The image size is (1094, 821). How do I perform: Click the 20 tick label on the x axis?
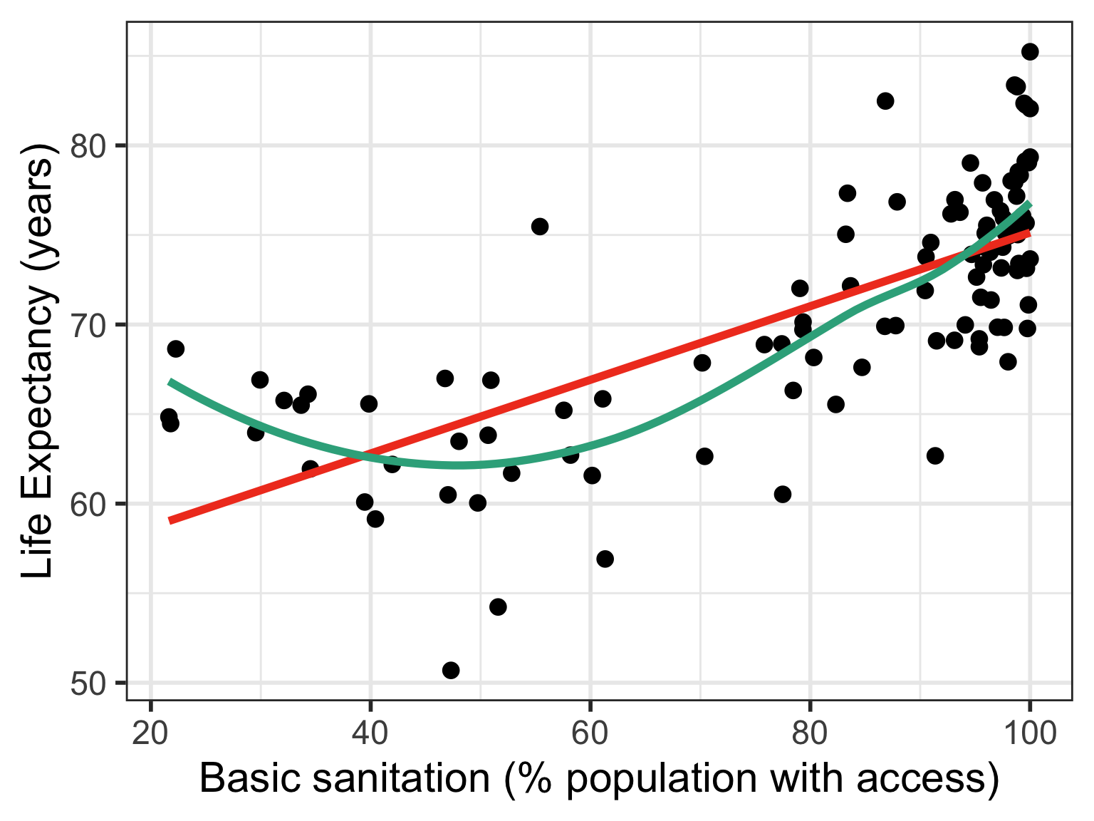click(x=150, y=733)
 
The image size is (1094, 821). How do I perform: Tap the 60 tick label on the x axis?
click(x=590, y=733)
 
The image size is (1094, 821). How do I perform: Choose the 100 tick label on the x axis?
click(x=1028, y=733)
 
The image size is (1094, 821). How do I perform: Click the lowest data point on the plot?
click(x=451, y=670)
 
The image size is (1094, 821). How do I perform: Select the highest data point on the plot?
click(x=1030, y=51)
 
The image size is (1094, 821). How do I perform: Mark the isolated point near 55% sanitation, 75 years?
click(x=540, y=227)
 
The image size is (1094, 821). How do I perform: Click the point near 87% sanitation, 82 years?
click(x=885, y=100)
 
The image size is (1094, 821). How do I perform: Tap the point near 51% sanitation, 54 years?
click(x=498, y=606)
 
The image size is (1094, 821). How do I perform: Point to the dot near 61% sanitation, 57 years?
click(x=605, y=559)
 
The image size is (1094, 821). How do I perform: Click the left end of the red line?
click(x=170, y=521)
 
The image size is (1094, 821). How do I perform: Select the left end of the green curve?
click(x=170, y=382)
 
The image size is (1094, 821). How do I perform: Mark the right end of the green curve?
click(x=1029, y=205)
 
